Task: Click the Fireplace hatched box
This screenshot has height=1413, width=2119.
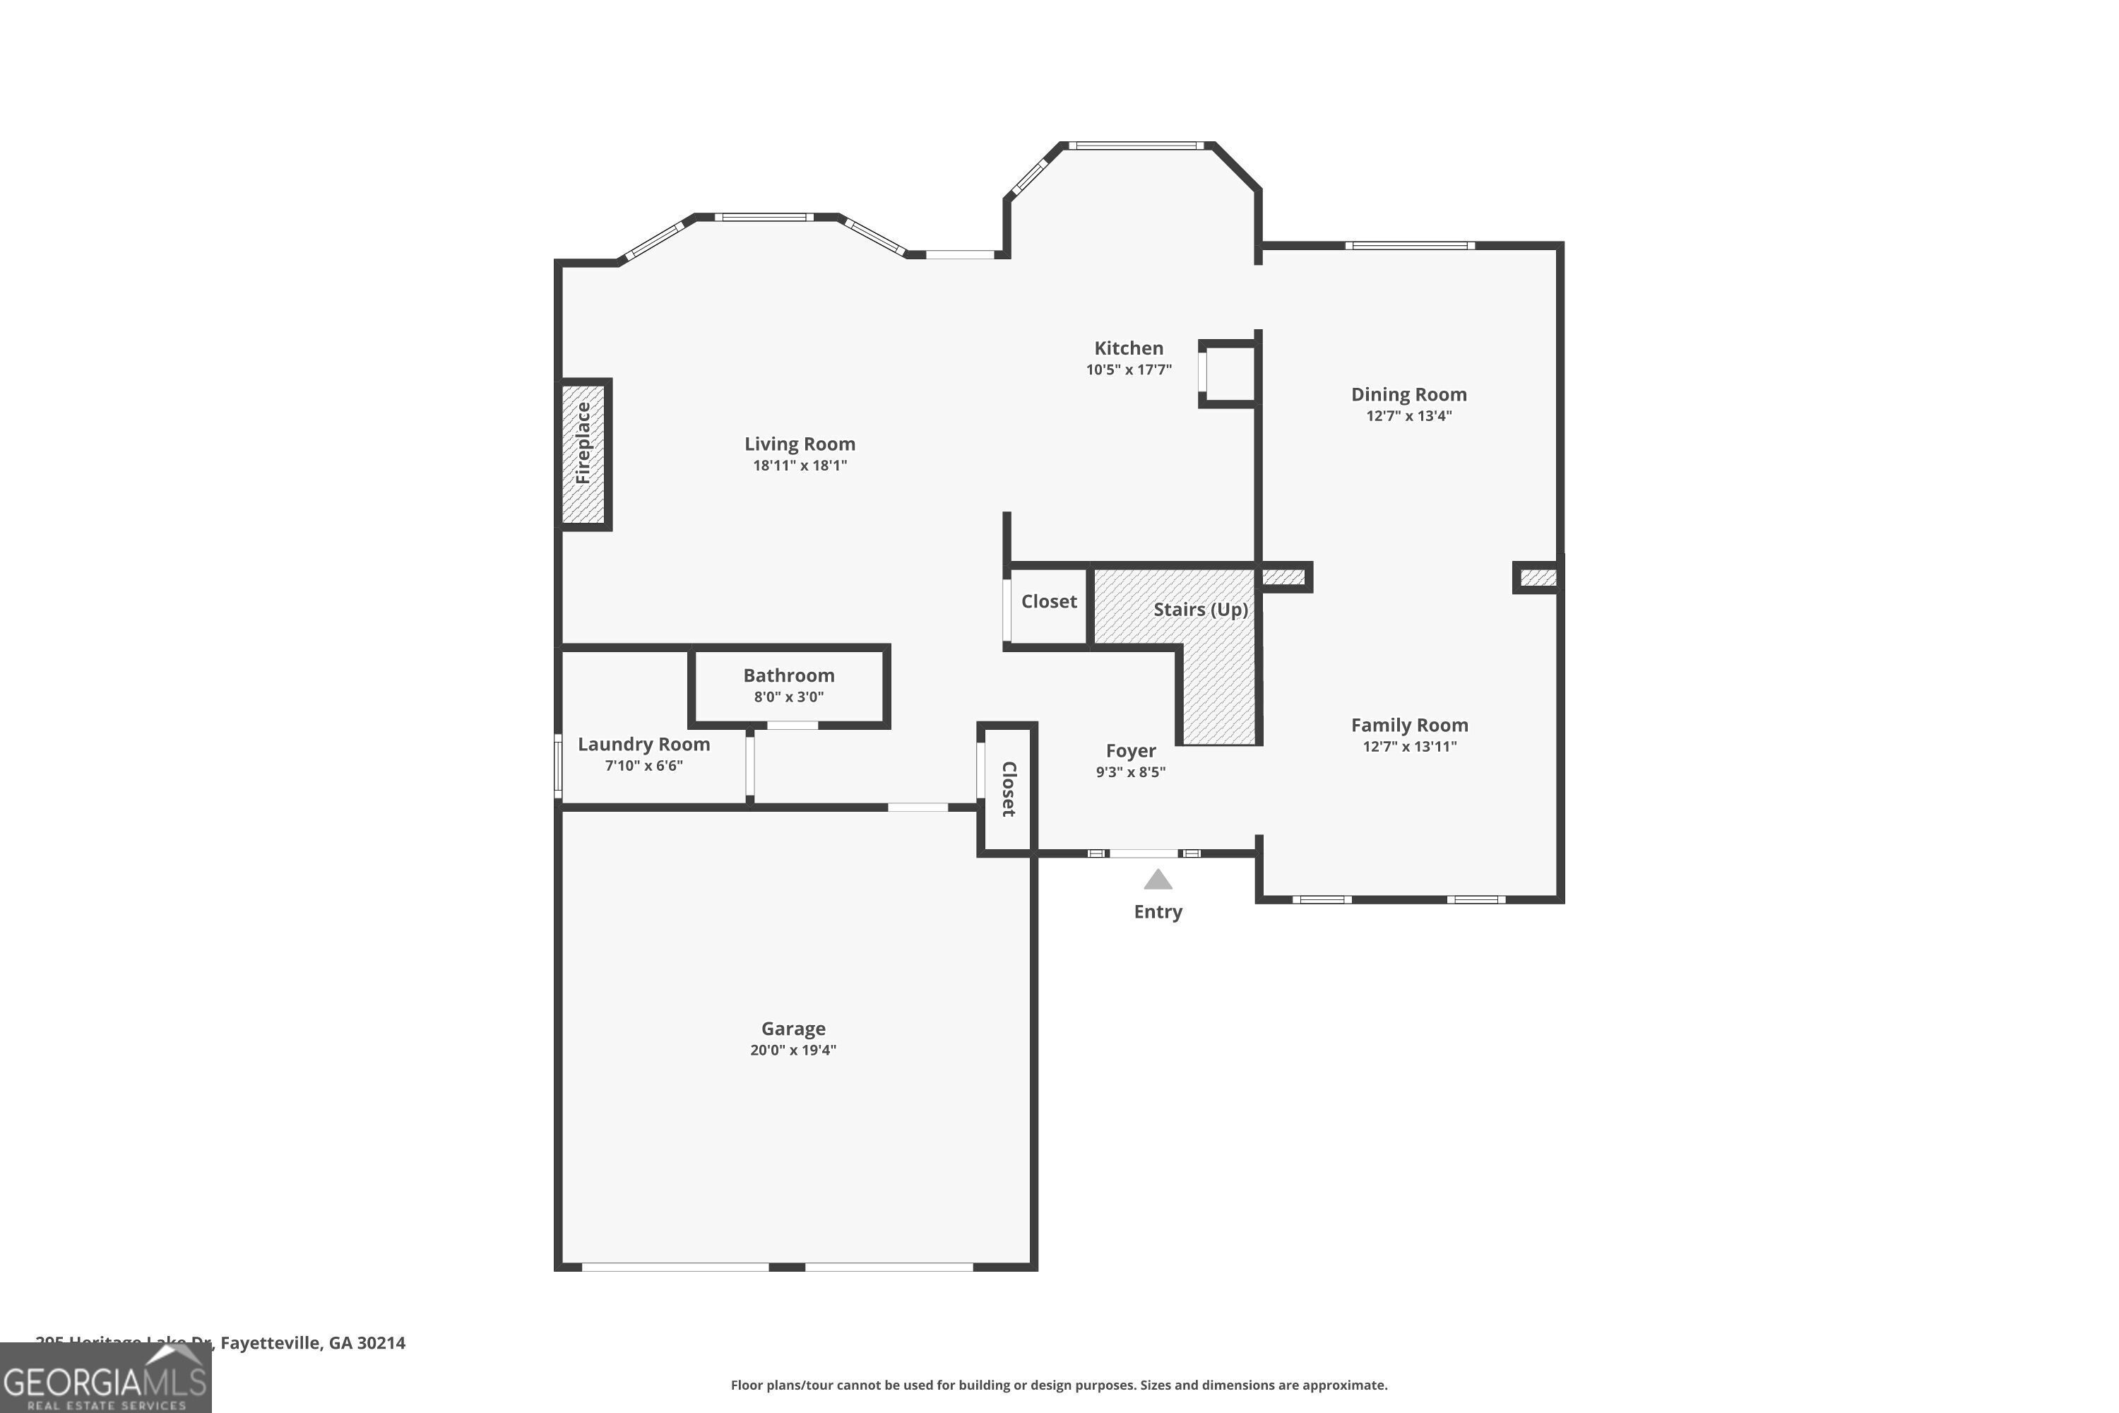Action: [584, 454]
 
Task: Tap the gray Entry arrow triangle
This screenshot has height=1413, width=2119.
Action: [1158, 880]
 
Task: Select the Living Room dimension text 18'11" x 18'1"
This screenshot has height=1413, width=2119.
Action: [800, 466]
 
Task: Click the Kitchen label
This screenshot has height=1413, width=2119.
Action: [1128, 348]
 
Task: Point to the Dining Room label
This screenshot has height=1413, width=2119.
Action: [1408, 394]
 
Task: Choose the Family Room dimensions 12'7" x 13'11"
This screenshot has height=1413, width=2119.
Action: [1409, 746]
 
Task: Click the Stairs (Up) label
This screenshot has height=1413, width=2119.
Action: [1200, 609]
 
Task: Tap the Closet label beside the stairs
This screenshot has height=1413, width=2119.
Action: [1049, 601]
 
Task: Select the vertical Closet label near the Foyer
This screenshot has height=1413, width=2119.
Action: [1009, 788]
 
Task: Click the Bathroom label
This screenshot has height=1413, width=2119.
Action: [788, 675]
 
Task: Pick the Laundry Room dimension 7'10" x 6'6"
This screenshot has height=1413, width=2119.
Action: [643, 766]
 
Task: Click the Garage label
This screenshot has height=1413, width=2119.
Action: [793, 1028]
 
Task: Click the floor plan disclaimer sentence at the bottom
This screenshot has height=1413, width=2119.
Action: [1059, 1385]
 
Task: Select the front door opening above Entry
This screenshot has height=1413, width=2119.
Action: [1142, 853]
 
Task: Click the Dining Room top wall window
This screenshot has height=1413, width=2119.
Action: [1409, 245]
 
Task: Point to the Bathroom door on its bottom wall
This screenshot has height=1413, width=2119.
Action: [792, 725]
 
